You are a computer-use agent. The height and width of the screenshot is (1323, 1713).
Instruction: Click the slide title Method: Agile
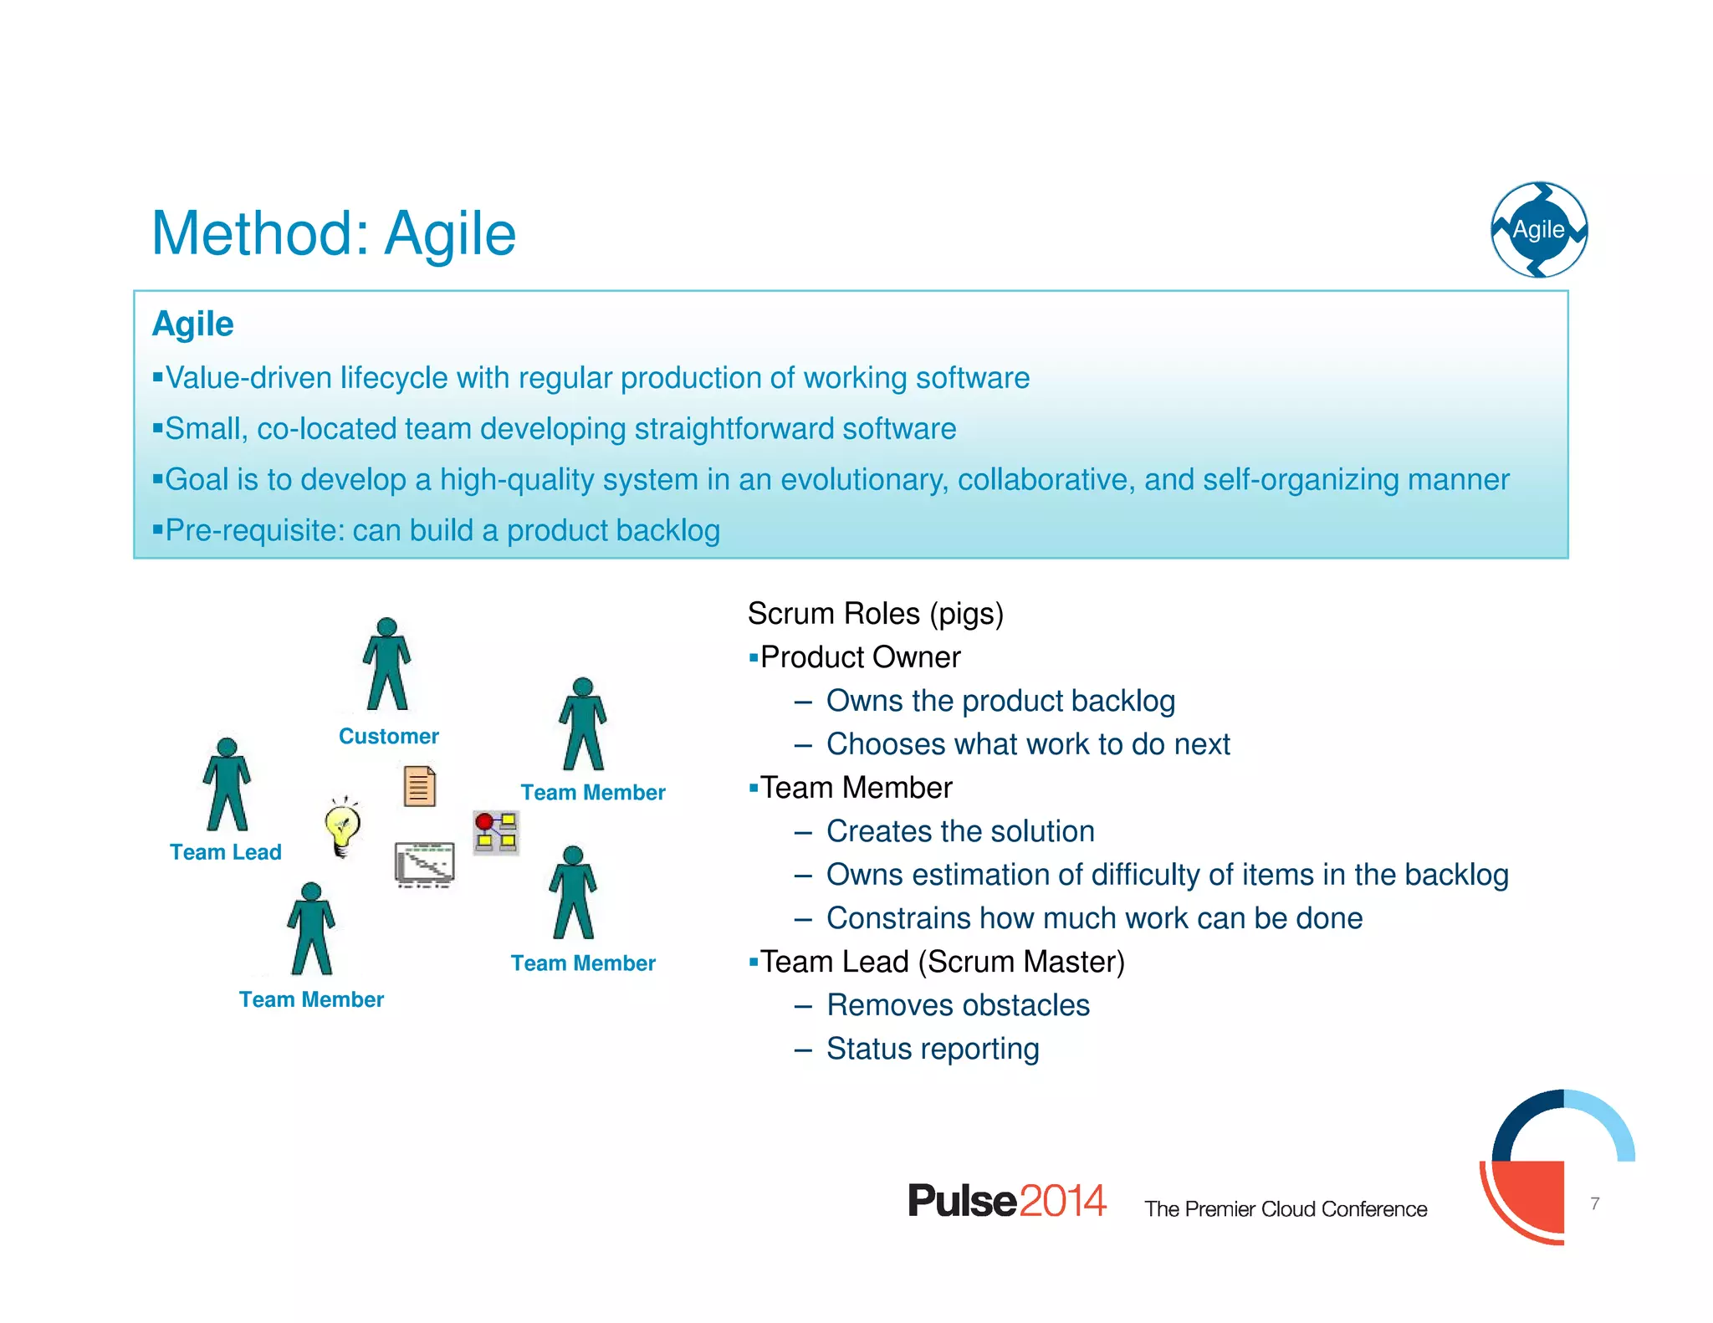333,233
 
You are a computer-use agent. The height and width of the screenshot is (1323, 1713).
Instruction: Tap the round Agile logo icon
1539,229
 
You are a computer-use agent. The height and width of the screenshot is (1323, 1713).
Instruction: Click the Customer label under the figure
388,736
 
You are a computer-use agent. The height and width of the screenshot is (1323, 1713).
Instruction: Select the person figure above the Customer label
386,665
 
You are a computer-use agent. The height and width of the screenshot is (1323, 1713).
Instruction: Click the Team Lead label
225,852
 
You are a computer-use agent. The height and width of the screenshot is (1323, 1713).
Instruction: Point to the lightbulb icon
342,827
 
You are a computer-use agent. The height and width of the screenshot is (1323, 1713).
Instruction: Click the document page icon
420,786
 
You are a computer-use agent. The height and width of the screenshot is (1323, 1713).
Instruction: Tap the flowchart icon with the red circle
496,832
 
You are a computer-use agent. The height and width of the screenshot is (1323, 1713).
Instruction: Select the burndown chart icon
425,864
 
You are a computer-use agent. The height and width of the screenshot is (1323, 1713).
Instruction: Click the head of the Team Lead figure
227,748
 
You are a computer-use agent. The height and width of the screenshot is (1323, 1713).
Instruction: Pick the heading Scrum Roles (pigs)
875,613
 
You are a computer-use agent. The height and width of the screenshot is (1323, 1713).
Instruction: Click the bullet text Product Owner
860,657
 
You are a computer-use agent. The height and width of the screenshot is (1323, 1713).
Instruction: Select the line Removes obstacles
958,1005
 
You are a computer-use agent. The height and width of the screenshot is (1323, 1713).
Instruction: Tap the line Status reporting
933,1049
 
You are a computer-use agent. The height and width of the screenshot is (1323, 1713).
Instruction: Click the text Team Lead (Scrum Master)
942,962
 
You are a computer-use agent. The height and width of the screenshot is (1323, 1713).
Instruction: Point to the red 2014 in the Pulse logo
1062,1201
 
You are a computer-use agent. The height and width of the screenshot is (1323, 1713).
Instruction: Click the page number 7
1595,1203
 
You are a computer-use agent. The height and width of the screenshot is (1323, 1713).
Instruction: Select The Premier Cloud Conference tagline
1286,1209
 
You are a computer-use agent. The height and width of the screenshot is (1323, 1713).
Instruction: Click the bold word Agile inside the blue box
192,324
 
